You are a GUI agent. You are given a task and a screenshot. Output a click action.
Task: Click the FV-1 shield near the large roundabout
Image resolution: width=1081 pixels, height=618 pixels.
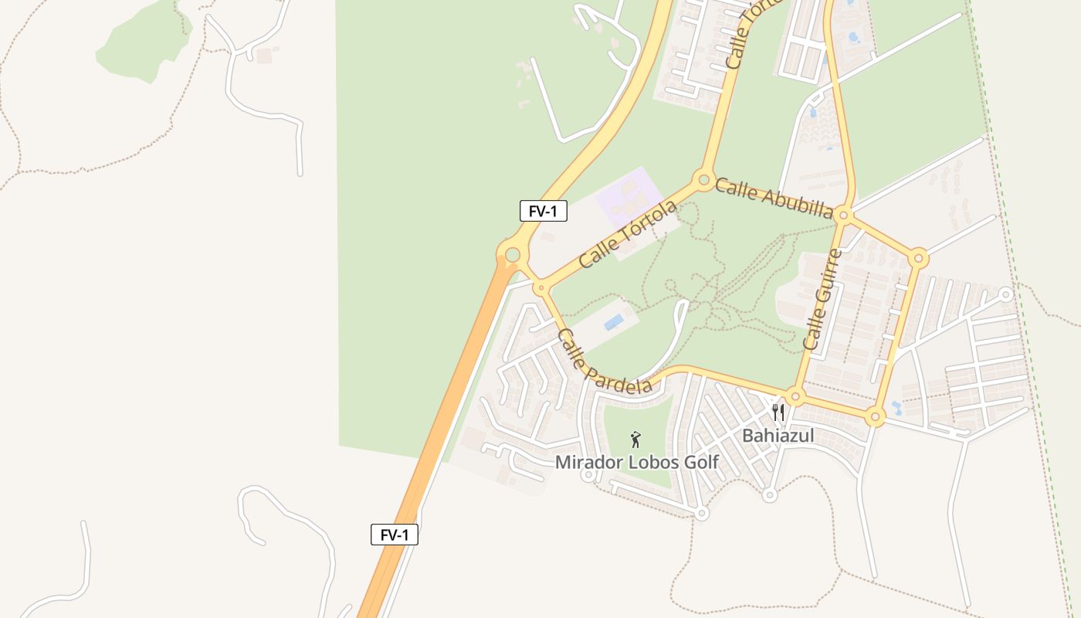pyautogui.click(x=543, y=211)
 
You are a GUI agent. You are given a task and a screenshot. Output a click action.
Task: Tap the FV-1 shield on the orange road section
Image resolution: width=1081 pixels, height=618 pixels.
pyautogui.click(x=394, y=535)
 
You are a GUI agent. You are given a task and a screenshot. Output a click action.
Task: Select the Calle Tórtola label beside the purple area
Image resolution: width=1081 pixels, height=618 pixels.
pyautogui.click(x=628, y=233)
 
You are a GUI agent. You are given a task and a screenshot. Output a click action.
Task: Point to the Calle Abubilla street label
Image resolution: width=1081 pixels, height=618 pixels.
pyautogui.click(x=774, y=198)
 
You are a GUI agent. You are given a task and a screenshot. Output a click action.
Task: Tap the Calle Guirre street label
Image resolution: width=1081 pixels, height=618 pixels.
pyautogui.click(x=823, y=299)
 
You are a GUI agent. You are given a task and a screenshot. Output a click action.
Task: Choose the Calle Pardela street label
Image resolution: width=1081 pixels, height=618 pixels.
pyautogui.click(x=604, y=362)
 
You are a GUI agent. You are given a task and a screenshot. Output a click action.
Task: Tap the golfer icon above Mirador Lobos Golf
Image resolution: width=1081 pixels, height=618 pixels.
pyautogui.click(x=635, y=440)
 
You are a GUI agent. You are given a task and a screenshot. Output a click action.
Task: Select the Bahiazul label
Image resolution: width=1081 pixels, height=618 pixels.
pyautogui.click(x=778, y=436)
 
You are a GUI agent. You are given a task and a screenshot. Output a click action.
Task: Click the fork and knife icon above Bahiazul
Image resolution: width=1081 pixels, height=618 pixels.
pyautogui.click(x=778, y=413)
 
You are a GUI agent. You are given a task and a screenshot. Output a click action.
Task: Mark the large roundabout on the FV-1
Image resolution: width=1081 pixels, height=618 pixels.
pyautogui.click(x=512, y=253)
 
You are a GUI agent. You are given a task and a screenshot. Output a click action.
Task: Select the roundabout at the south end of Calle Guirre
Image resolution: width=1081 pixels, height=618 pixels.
pyautogui.click(x=796, y=397)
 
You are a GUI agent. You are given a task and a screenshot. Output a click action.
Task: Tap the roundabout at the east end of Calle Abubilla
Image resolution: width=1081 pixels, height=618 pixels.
pyautogui.click(x=844, y=216)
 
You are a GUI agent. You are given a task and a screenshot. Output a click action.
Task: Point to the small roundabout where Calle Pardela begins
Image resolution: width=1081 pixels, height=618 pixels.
pyautogui.click(x=541, y=288)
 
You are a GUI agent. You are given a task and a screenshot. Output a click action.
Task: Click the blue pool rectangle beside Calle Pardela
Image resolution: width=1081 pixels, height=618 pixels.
pyautogui.click(x=615, y=321)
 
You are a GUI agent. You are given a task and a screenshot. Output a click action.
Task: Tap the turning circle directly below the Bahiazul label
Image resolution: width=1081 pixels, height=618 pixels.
pyautogui.click(x=768, y=494)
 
